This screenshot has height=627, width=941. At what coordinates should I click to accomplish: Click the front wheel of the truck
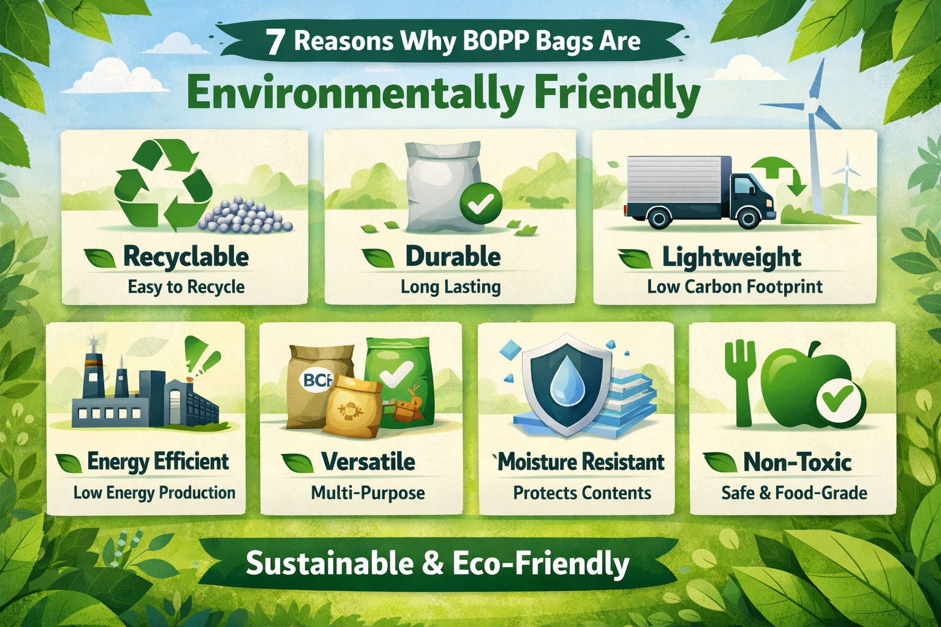click(749, 217)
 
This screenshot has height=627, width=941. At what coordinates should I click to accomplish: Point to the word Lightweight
click(731, 258)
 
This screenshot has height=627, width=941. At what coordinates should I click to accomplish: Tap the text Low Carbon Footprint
click(735, 287)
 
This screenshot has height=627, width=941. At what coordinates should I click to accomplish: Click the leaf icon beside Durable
click(378, 258)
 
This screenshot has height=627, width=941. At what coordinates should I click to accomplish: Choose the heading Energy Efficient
click(158, 462)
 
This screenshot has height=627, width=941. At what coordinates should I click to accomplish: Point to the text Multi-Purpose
click(368, 493)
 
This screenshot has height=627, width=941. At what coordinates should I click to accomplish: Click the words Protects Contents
click(582, 493)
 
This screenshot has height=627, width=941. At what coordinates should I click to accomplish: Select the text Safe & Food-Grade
click(794, 493)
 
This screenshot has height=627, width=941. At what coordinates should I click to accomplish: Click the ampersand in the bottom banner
click(433, 563)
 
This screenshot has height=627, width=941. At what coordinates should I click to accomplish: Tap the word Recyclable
click(186, 257)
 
